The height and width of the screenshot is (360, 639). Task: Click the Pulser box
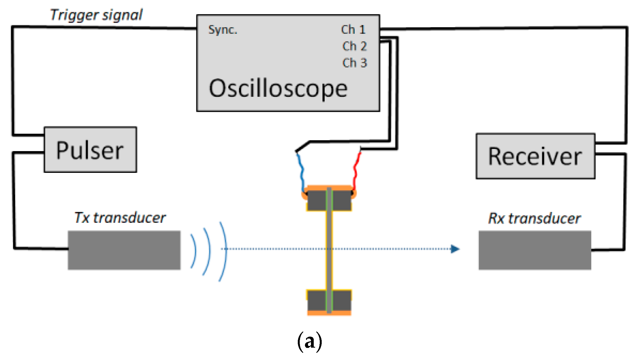[90, 149]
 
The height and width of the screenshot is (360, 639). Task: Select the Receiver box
[535, 156]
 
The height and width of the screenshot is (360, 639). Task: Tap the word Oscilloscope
[278, 88]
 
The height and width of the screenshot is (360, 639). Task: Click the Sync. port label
[223, 30]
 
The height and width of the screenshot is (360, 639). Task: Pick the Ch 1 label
[353, 29]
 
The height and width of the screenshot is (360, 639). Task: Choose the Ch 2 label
[354, 46]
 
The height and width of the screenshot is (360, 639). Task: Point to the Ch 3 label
[354, 63]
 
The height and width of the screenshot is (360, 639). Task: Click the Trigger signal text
[96, 15]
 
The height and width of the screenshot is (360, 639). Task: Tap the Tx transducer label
[120, 218]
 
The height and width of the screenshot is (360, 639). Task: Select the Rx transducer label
[534, 219]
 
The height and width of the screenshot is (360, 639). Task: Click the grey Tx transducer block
[124, 250]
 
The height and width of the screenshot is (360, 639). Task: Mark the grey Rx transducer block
[535, 250]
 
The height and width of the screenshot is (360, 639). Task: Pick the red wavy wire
[356, 171]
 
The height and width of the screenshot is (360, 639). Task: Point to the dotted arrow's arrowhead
[455, 249]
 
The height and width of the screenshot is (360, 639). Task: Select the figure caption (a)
[310, 342]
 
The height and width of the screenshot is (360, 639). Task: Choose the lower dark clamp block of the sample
[329, 301]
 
